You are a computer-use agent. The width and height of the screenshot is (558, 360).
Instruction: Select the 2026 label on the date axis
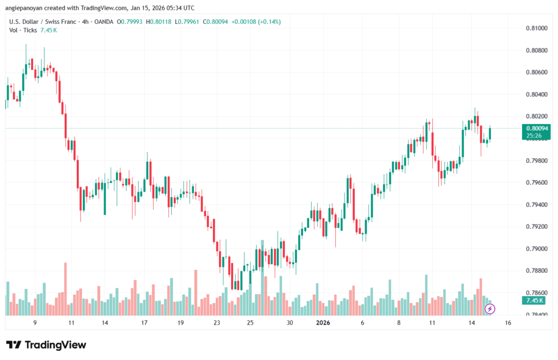pyautogui.click(x=323, y=323)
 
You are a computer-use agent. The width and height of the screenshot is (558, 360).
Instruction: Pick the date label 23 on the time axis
pyautogui.click(x=217, y=323)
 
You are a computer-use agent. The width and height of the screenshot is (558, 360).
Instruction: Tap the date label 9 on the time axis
pyautogui.click(x=35, y=323)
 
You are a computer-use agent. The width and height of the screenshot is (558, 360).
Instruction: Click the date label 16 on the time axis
pyautogui.click(x=508, y=323)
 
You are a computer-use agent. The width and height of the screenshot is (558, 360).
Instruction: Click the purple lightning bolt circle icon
pyautogui.click(x=490, y=309)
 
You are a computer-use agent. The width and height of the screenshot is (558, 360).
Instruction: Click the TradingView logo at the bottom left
pyautogui.click(x=46, y=345)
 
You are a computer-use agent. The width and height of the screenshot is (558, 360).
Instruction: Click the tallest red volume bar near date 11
pyautogui.click(x=65, y=289)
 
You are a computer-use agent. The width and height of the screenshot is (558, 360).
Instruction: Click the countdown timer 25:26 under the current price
pyautogui.click(x=536, y=135)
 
